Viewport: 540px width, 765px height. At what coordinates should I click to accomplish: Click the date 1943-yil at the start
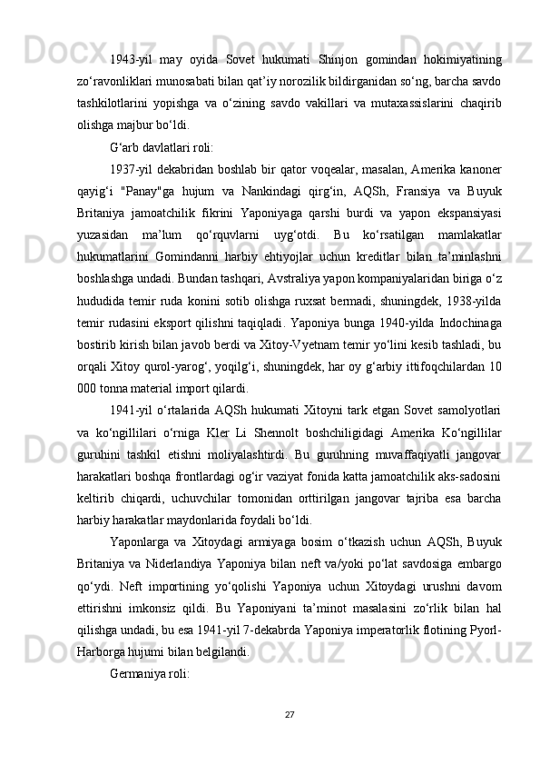129,35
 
